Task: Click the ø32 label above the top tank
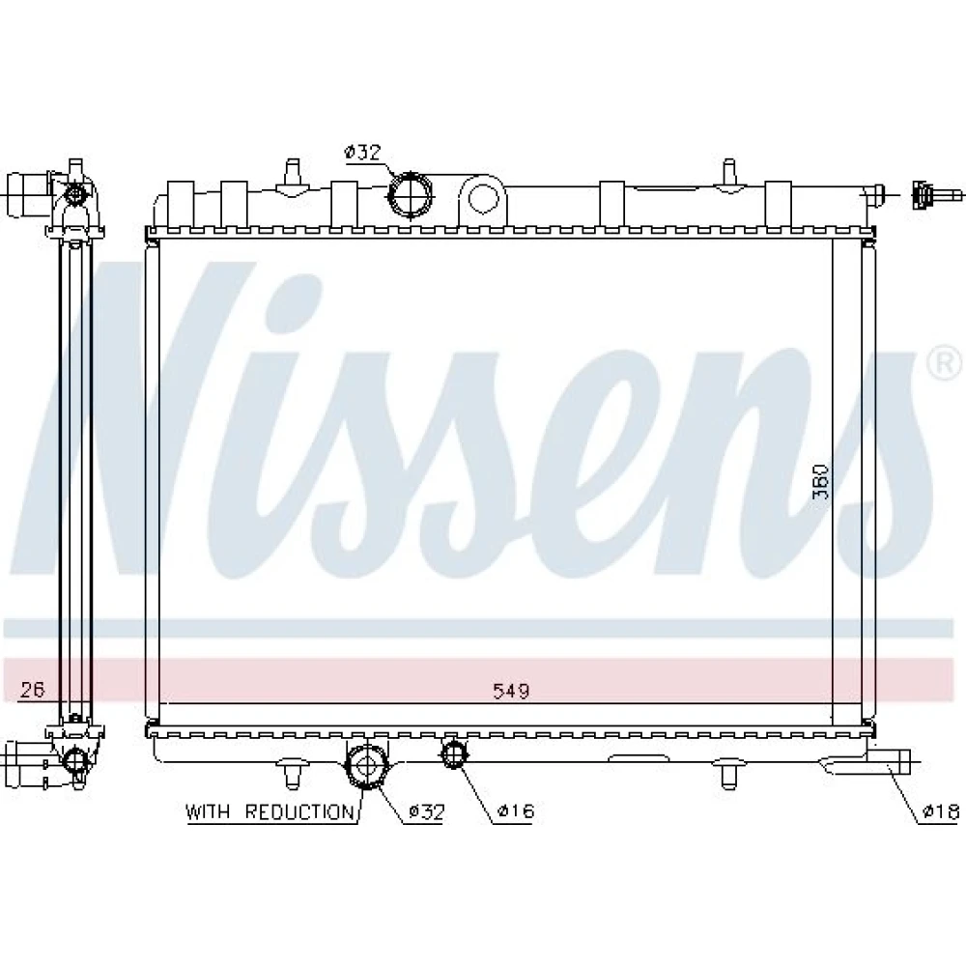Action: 363,152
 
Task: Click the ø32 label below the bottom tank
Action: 426,811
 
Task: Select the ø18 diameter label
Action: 941,812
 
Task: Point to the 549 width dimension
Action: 511,691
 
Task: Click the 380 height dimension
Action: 820,481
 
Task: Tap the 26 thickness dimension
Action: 32,689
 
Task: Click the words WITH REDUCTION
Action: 270,812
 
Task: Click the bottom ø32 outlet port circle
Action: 366,765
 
